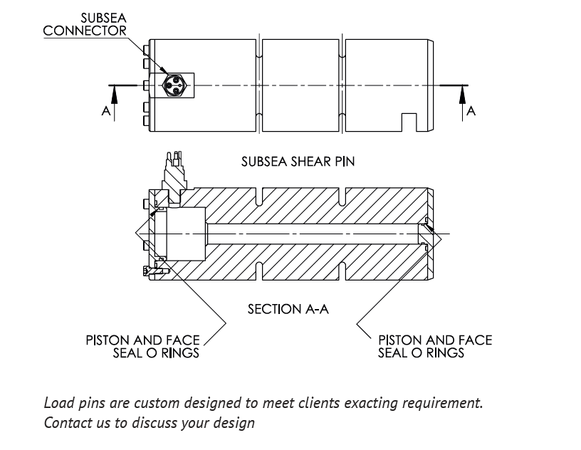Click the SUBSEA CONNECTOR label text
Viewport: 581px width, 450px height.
point(85,25)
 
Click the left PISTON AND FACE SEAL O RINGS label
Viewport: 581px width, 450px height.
point(142,346)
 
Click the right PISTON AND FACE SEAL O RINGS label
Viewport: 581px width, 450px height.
point(434,346)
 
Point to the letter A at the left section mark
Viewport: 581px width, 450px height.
point(105,112)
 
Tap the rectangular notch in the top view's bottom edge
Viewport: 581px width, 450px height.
point(409,122)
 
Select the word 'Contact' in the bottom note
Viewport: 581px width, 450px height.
point(65,422)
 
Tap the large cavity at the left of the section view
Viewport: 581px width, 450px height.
point(184,233)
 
